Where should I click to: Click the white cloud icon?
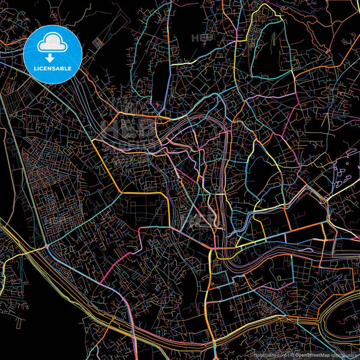[53, 42]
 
